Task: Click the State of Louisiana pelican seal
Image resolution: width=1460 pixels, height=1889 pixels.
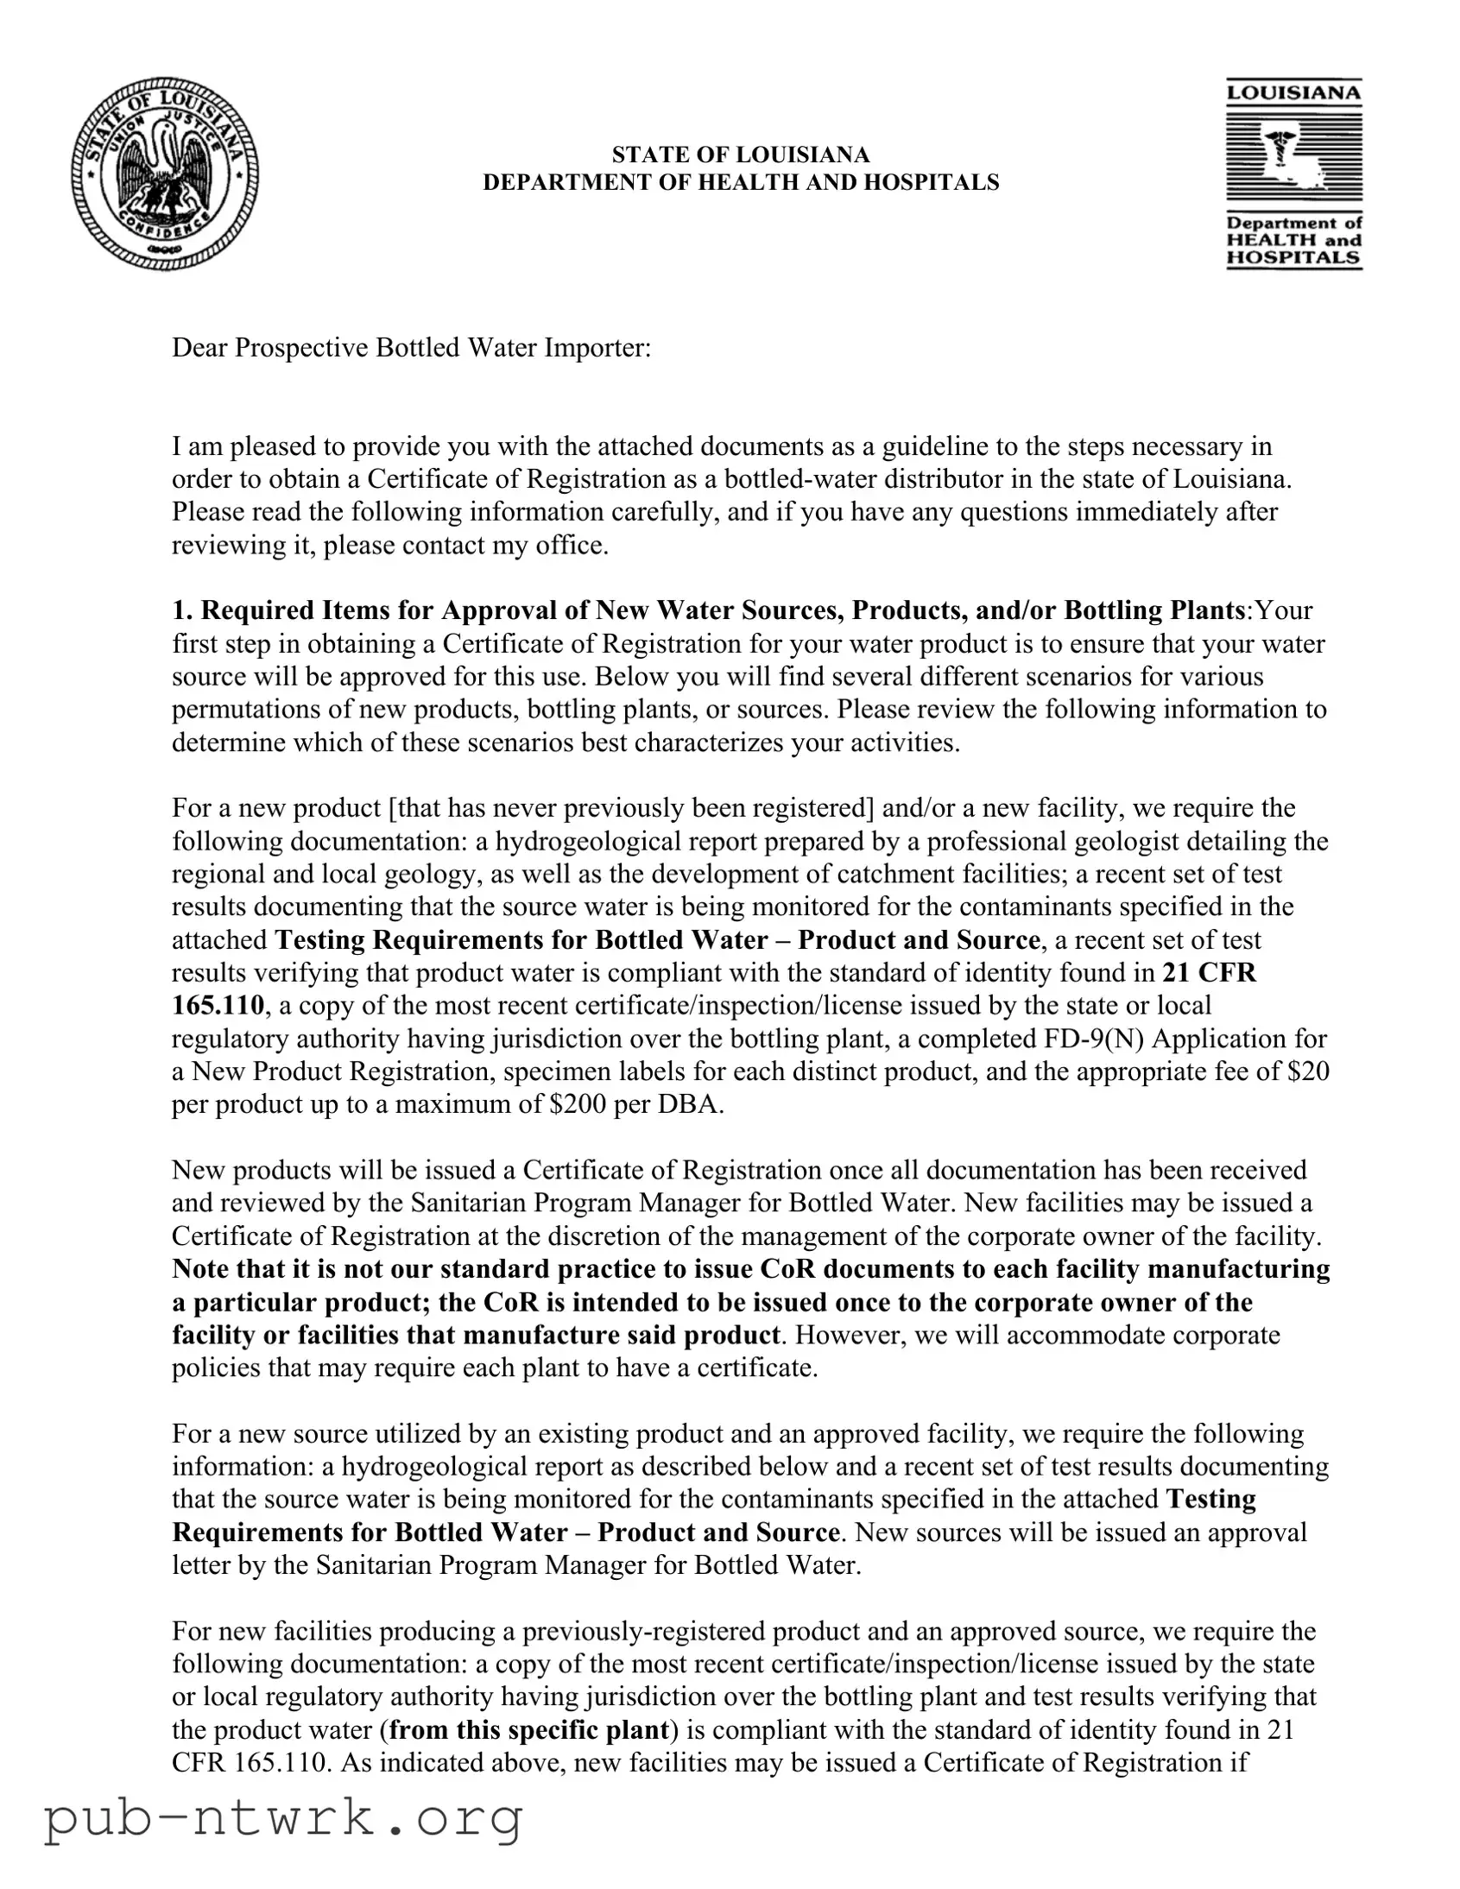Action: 165,174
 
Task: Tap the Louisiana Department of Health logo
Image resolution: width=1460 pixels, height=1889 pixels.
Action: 1293,174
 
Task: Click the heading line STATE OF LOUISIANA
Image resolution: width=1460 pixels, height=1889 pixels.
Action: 741,155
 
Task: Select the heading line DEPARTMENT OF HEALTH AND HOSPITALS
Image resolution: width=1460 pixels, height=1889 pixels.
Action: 741,182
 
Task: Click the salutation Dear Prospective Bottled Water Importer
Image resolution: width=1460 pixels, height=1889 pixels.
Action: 411,348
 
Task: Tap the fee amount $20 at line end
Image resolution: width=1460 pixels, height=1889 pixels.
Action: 1308,1071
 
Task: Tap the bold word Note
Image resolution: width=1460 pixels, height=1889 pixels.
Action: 200,1269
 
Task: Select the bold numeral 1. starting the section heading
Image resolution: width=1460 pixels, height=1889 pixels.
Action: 181,610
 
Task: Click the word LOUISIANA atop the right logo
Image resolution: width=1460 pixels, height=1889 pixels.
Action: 1293,92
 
